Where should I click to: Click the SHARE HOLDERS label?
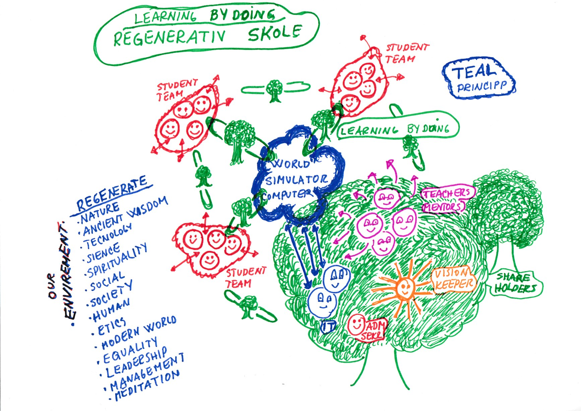(515, 283)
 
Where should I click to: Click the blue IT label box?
(328, 327)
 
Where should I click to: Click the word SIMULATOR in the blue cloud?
(296, 180)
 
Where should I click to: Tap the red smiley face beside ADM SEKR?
(356, 324)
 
